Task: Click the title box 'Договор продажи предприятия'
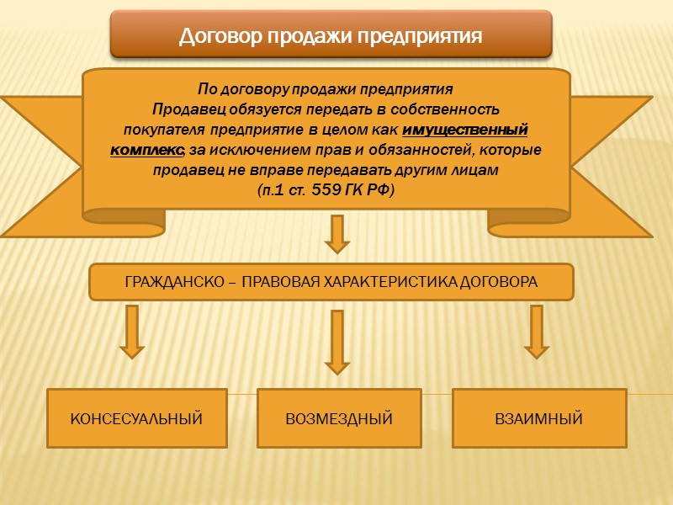click(x=331, y=35)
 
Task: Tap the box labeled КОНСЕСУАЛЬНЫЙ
click(x=136, y=418)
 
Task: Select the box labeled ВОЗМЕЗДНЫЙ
click(x=339, y=418)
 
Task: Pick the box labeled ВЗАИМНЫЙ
click(x=539, y=418)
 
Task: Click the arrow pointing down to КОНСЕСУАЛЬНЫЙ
click(x=132, y=331)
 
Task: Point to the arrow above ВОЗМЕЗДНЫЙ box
click(x=337, y=342)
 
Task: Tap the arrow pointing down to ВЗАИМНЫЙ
click(x=536, y=331)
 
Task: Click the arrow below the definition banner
click(x=337, y=234)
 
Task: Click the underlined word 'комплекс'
click(x=146, y=150)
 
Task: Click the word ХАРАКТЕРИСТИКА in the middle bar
click(x=394, y=282)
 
